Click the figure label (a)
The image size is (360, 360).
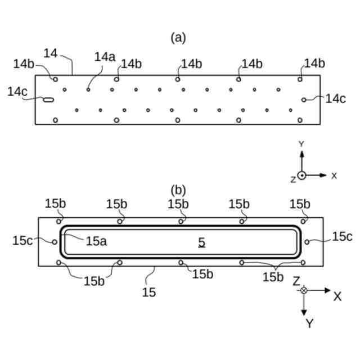pyautogui.click(x=178, y=38)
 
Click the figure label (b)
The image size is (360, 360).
pyautogui.click(x=178, y=190)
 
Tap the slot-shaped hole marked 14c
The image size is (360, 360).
pyautogui.click(x=49, y=100)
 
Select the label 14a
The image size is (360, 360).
pyautogui.click(x=105, y=57)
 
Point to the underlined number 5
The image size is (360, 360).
pyautogui.click(x=201, y=242)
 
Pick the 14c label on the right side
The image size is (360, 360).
pyautogui.click(x=336, y=98)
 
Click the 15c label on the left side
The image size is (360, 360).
pyautogui.click(x=23, y=240)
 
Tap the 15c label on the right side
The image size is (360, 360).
pyautogui.click(x=341, y=237)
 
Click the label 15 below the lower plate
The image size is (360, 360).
pyautogui.click(x=149, y=292)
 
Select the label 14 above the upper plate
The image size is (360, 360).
pyautogui.click(x=51, y=53)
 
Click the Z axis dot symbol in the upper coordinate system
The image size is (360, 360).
pyautogui.click(x=302, y=175)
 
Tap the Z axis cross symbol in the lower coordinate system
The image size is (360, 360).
pyautogui.click(x=304, y=290)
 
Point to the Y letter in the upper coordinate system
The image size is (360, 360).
pyautogui.click(x=301, y=144)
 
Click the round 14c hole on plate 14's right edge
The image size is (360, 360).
pyautogui.click(x=304, y=100)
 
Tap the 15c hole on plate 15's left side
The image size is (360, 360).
pyautogui.click(x=54, y=242)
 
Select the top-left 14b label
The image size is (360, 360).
pyautogui.click(x=24, y=64)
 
